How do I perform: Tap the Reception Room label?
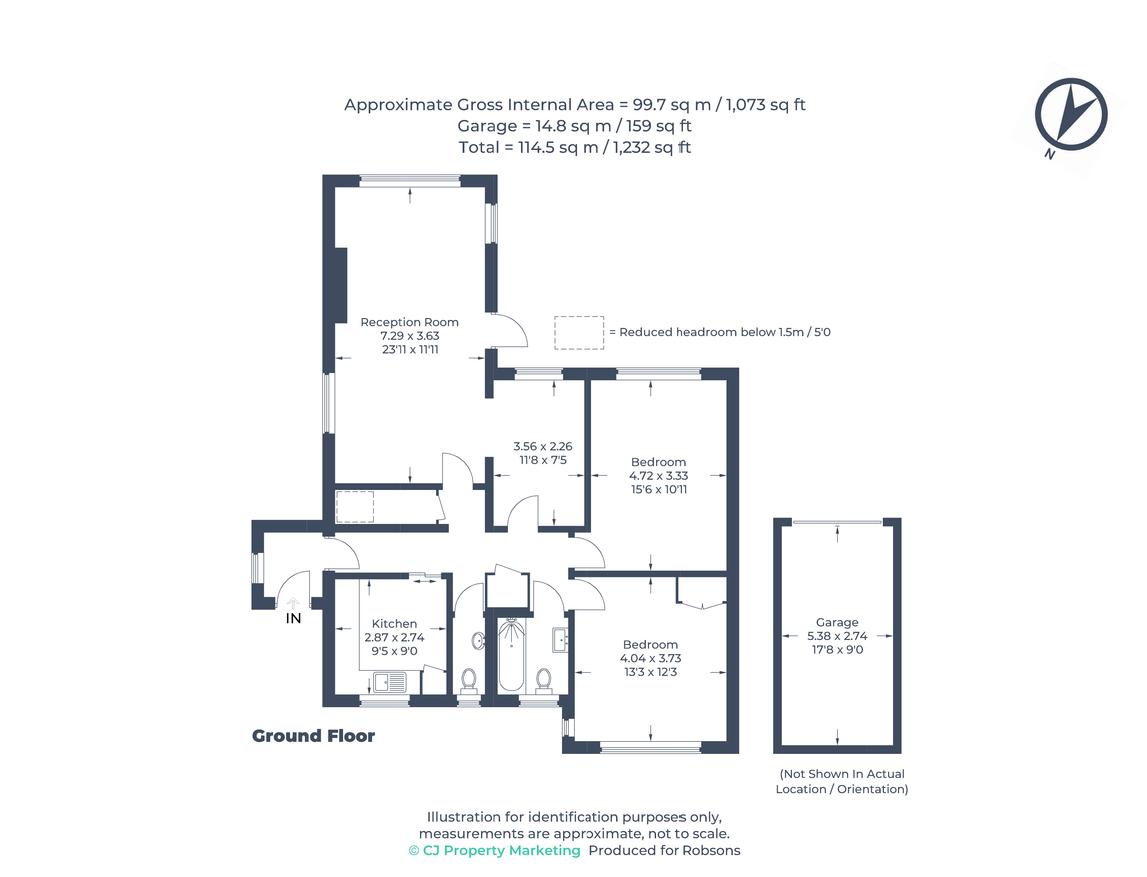pyautogui.click(x=409, y=322)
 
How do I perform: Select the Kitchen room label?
pyautogui.click(x=394, y=623)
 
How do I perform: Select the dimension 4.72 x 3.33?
pyautogui.click(x=658, y=475)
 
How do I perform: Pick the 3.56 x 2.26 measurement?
pyautogui.click(x=543, y=446)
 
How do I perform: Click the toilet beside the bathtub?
pyautogui.click(x=543, y=680)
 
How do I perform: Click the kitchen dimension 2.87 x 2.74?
pyautogui.click(x=394, y=637)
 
